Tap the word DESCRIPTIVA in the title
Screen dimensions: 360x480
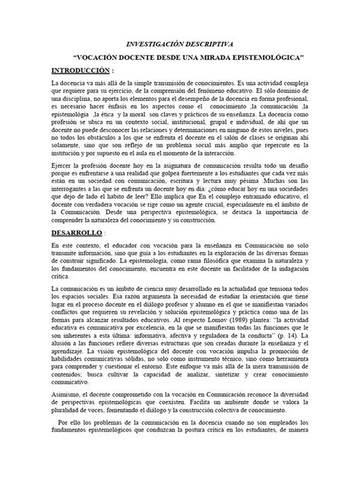213,44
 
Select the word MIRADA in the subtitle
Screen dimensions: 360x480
225,57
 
